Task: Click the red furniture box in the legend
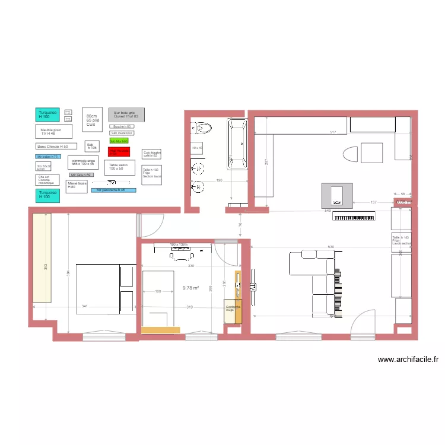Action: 118,152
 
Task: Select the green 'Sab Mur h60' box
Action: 119,141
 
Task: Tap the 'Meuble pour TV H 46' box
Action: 54,131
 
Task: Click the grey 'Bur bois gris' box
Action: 126,114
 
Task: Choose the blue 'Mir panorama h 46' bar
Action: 113,190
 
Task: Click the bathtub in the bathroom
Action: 238,144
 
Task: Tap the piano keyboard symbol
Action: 354,217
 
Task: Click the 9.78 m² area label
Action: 190,288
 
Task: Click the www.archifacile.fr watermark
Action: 408,359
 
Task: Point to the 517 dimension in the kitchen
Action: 333,132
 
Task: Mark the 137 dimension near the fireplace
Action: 373,203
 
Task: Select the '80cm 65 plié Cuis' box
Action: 92,120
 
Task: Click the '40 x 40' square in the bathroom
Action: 196,147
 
